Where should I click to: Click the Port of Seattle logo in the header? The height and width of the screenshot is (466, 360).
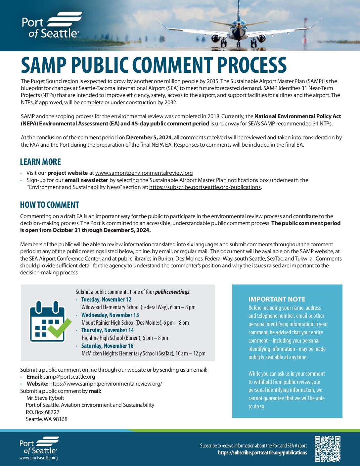click(51, 25)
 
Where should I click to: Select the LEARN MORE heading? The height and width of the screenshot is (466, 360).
click(40, 162)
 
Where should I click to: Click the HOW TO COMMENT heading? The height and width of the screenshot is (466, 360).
click(49, 205)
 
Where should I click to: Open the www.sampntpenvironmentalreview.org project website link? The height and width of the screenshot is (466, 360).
click(144, 173)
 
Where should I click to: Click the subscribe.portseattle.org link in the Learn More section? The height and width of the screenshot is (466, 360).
click(205, 187)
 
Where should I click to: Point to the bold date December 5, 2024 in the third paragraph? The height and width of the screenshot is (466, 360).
click(149, 137)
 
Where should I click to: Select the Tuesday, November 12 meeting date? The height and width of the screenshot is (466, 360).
click(106, 300)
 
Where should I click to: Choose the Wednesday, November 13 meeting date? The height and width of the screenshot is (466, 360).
click(110, 315)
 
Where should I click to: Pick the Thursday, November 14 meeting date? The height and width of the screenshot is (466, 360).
click(108, 330)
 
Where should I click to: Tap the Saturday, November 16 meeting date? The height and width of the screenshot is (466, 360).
click(107, 346)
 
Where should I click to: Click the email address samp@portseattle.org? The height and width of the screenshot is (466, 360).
click(69, 377)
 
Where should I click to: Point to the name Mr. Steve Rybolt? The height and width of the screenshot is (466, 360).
click(45, 398)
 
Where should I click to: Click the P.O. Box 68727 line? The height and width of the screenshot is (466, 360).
click(43, 412)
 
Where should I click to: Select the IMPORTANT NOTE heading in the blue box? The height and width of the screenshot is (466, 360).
click(277, 299)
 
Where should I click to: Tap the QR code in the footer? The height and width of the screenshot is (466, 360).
click(328, 449)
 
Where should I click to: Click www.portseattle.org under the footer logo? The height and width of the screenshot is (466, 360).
click(38, 458)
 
